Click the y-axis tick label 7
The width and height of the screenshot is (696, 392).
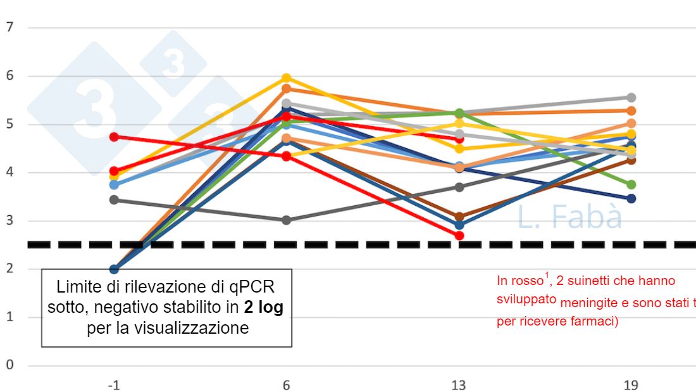tap(10, 27)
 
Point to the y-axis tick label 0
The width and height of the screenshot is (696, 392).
tap(10, 365)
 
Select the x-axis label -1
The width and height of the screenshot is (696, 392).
tap(114, 385)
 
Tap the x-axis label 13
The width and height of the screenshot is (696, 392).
tap(459, 385)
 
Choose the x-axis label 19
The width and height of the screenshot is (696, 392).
tap(631, 385)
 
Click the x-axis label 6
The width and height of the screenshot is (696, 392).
tap(286, 385)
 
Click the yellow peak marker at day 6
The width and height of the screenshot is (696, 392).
tap(286, 78)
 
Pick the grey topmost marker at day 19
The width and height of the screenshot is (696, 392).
tap(631, 98)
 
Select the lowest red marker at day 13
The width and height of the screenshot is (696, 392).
tap(459, 236)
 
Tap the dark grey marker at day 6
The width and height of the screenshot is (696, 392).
tap(286, 220)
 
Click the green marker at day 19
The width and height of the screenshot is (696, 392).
tap(631, 184)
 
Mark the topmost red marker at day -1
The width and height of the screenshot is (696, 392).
tap(114, 136)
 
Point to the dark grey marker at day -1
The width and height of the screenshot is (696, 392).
tap(114, 199)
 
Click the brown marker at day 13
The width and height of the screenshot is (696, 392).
tap(459, 217)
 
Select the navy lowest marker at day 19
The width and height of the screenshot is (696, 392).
tap(631, 199)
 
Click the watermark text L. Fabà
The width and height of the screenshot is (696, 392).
tap(569, 217)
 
